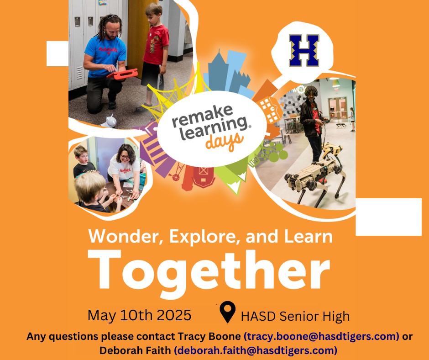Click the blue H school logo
coord(304,50)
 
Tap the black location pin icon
coord(228,312)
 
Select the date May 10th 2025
coord(139,315)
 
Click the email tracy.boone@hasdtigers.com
coord(321,336)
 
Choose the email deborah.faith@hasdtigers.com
coord(256,350)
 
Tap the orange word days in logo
coord(225,141)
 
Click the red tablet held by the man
coord(122,74)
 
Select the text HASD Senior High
coord(295,317)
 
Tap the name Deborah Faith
coord(136,350)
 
